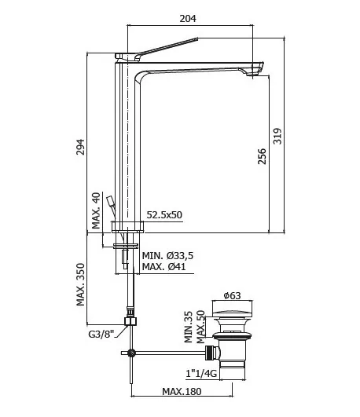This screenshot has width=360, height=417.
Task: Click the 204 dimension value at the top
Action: point(188,19)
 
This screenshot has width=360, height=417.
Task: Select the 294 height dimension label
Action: point(80,147)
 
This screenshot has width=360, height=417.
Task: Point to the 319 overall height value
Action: point(277,136)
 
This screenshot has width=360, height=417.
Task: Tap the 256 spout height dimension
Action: point(262,156)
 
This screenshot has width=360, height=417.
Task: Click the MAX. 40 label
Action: point(96,210)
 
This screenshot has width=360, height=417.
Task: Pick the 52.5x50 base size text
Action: point(164,214)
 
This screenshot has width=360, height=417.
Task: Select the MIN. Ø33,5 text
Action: point(167,256)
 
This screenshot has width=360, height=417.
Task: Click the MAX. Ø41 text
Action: point(163,266)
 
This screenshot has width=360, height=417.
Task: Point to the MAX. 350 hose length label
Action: point(80,284)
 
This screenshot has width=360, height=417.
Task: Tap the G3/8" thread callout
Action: point(101,334)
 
